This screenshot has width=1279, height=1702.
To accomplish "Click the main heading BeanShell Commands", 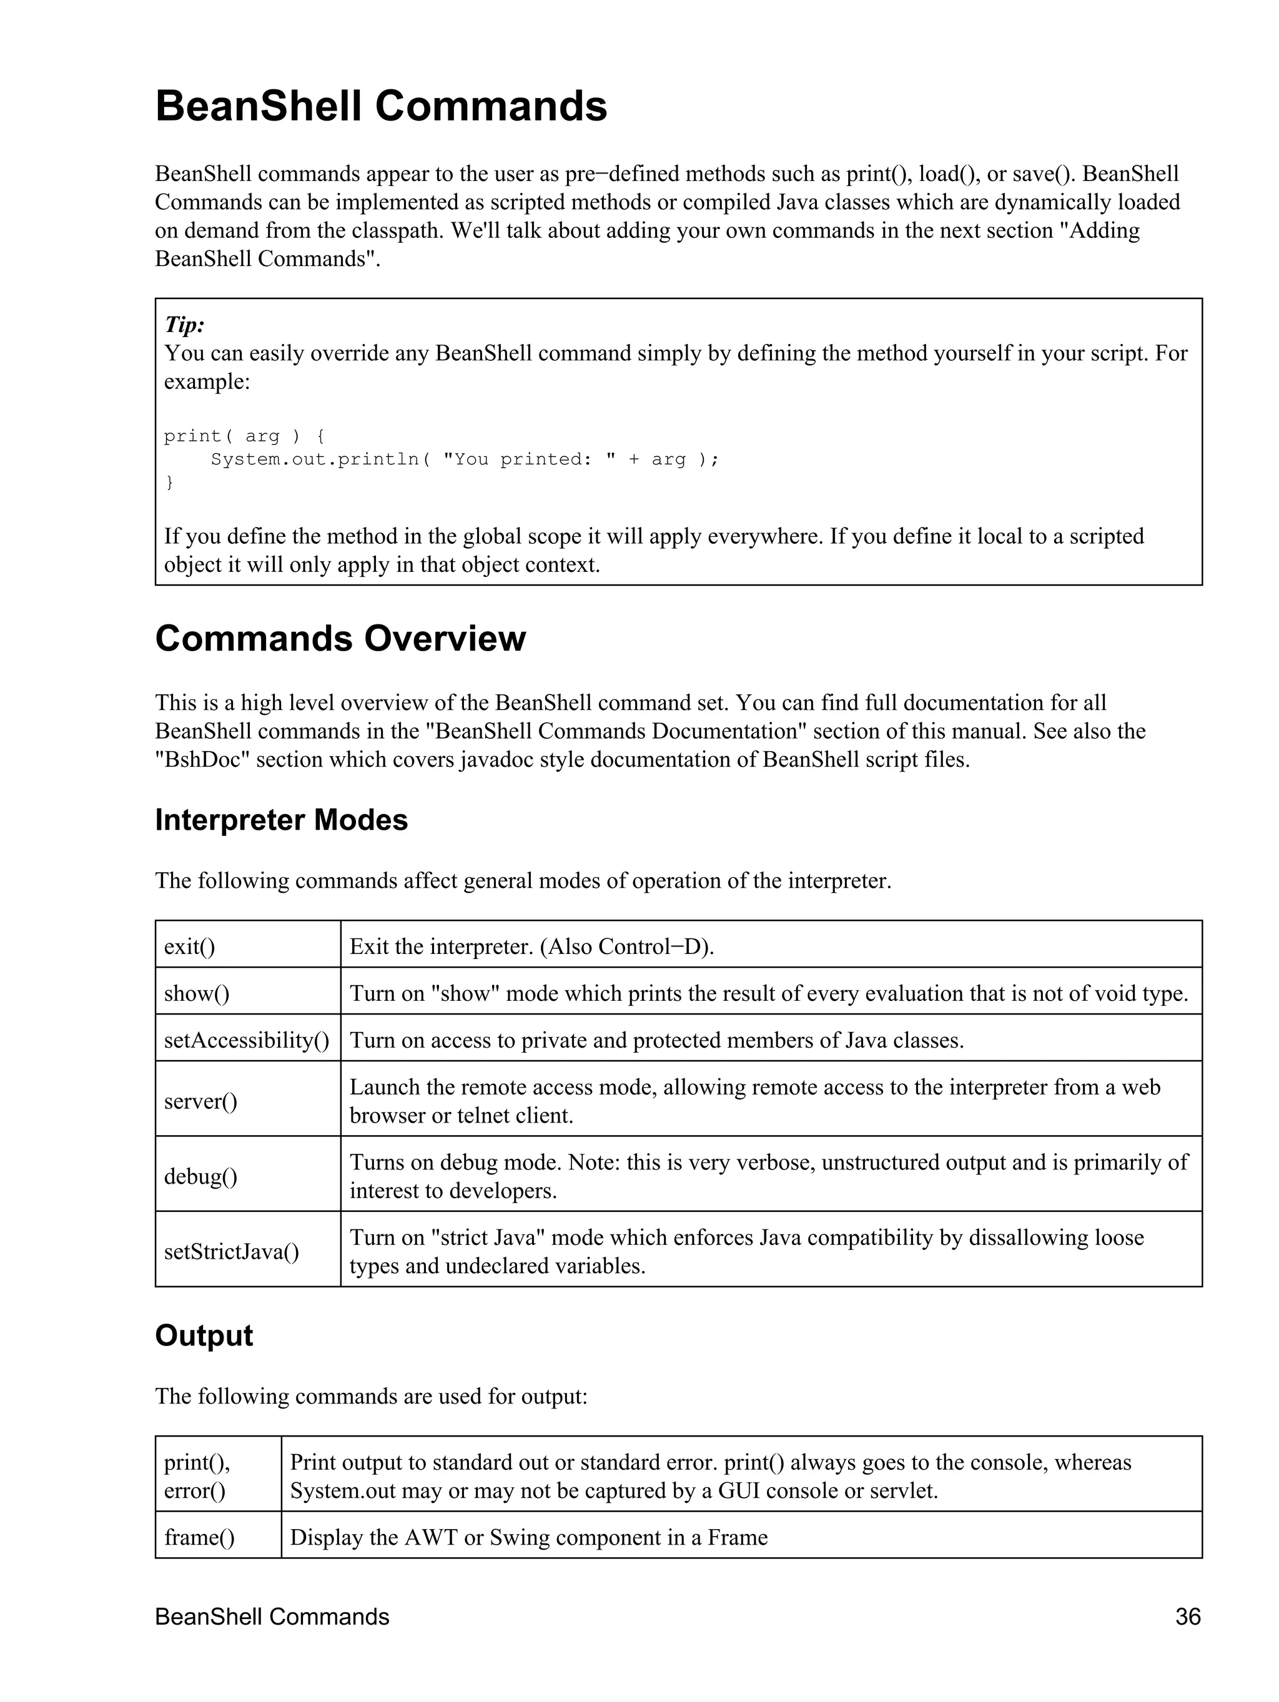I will point(381,106).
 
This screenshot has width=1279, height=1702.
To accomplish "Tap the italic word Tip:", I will point(184,325).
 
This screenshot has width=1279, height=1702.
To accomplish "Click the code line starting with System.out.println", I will point(464,460).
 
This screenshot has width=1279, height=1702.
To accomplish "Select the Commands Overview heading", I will point(340,639).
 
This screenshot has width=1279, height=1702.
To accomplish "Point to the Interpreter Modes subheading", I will point(281,820).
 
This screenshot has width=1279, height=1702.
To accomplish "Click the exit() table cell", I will point(189,947).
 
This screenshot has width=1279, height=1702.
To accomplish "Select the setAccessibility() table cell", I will point(246,1040).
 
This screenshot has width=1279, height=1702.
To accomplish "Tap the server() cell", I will point(200,1101).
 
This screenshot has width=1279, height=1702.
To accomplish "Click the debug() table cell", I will point(200,1176).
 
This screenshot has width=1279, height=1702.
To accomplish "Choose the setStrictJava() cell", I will point(231,1252).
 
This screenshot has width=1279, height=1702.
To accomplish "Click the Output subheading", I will point(204,1336).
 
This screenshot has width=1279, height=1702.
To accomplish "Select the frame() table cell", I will point(199,1537).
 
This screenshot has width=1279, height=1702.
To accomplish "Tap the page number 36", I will point(1187,1616).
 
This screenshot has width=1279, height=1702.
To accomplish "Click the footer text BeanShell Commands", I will point(272,1616).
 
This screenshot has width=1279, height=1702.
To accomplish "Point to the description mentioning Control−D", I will point(531,947).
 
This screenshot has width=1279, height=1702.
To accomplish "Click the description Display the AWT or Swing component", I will point(528,1537).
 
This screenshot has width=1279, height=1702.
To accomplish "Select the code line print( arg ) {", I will point(244,436).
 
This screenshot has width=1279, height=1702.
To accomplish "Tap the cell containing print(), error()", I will point(197,1476).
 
